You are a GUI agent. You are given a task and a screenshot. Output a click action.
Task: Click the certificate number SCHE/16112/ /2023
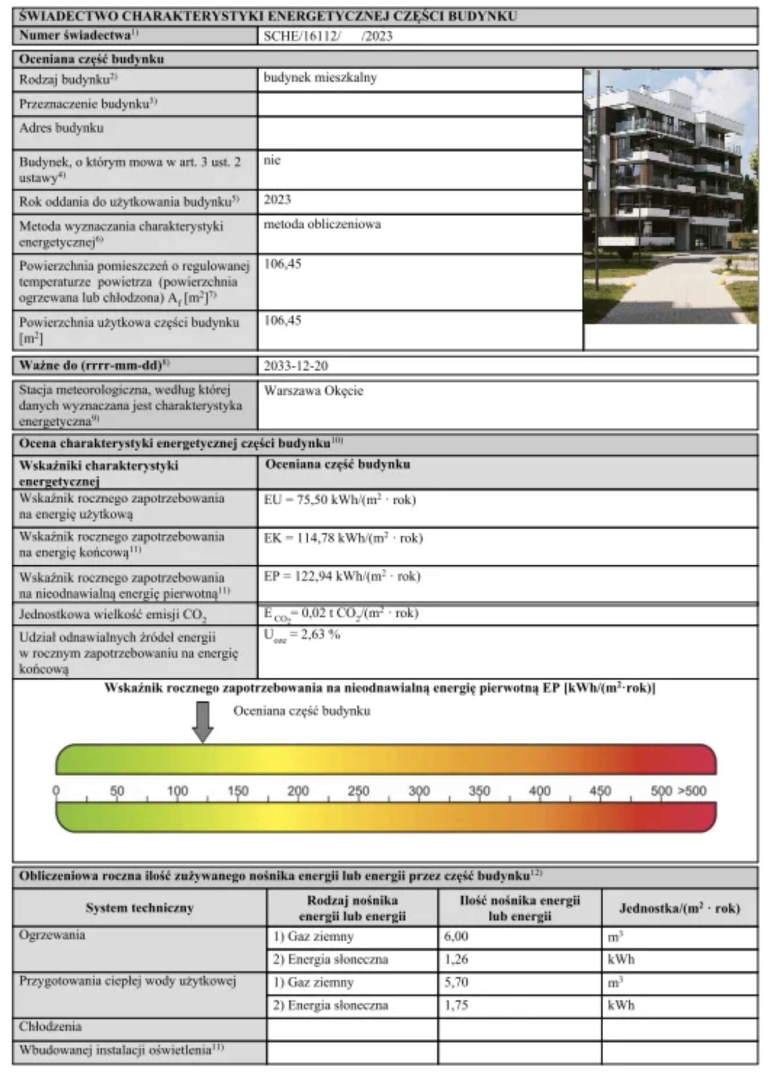pyautogui.click(x=328, y=36)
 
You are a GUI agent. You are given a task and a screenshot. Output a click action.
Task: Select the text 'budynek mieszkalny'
pyautogui.click(x=320, y=78)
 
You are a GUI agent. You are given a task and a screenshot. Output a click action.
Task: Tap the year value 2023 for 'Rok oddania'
pyautogui.click(x=277, y=200)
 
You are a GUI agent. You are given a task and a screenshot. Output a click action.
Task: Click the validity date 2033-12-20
pyautogui.click(x=296, y=366)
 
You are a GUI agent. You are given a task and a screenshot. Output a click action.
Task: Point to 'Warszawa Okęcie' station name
pyautogui.click(x=314, y=391)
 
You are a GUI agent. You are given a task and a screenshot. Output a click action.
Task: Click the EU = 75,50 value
pyautogui.click(x=340, y=500)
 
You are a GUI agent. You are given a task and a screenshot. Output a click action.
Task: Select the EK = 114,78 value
pyautogui.click(x=343, y=538)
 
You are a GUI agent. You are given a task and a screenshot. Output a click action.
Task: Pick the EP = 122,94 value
pyautogui.click(x=342, y=576)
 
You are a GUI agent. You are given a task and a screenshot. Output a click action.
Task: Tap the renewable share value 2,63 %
pyautogui.click(x=302, y=634)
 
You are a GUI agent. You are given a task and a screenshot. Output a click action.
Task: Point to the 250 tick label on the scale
pyautogui.click(x=358, y=791)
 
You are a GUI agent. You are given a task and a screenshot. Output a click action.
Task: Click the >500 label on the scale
pyautogui.click(x=692, y=791)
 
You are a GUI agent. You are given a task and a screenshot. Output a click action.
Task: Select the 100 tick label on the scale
pyautogui.click(x=177, y=791)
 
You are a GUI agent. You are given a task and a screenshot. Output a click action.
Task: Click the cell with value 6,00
pyautogui.click(x=456, y=936)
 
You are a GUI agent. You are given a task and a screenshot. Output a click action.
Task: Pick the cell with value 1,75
pyautogui.click(x=456, y=1005)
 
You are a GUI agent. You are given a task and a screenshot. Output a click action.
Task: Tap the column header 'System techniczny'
pyautogui.click(x=139, y=908)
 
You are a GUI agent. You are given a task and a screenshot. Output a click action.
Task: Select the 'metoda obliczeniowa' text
pyautogui.click(x=322, y=225)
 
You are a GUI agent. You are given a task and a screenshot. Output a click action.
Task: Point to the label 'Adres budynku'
pyautogui.click(x=62, y=128)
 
